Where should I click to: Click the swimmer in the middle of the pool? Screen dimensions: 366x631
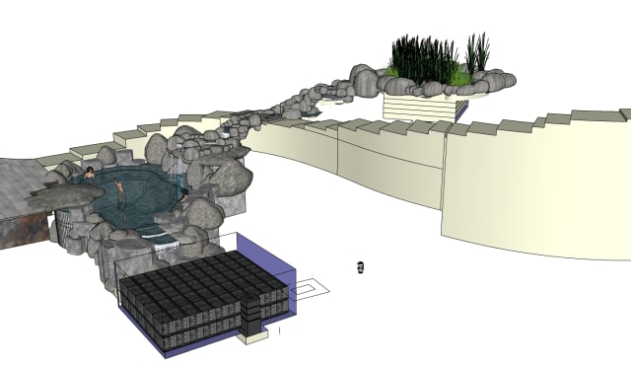tap(121, 192)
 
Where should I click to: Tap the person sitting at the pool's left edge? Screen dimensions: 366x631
tap(90, 174)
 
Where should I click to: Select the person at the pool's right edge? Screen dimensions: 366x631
tap(183, 196)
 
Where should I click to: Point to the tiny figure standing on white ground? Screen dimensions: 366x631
tap(361, 266)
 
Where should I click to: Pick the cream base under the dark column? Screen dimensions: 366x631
tap(253, 337)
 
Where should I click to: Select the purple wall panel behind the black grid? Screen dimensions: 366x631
tap(282, 258)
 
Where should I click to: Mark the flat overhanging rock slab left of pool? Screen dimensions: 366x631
tap(64, 197)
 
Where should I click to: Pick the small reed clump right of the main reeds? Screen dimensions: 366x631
tap(477, 53)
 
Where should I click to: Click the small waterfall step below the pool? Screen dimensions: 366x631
tap(159, 234)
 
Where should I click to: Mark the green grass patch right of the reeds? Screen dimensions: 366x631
tap(459, 76)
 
